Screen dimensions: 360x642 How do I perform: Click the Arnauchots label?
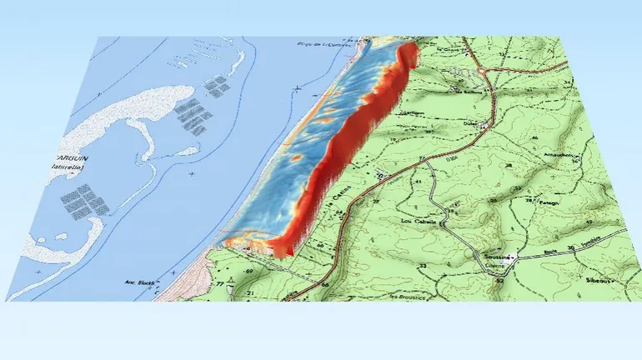(x=537, y=155)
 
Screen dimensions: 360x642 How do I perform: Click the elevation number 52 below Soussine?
(x=500, y=281)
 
